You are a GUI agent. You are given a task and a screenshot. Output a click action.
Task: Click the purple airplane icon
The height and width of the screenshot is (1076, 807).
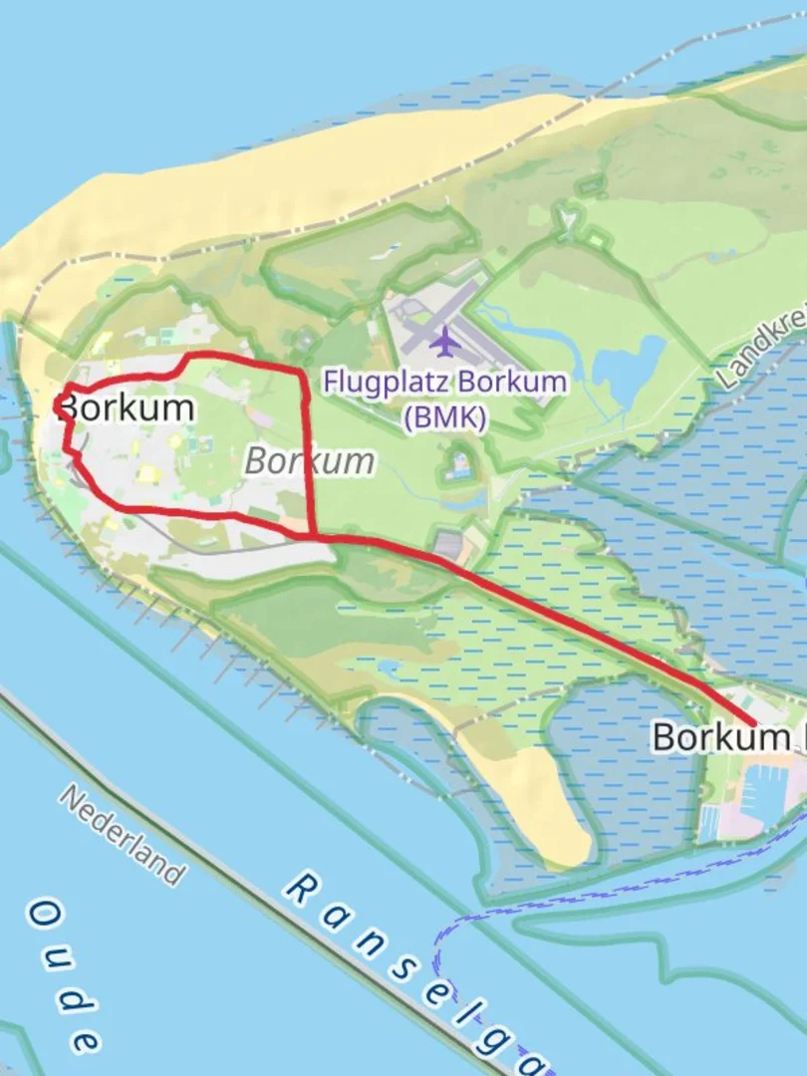(x=443, y=342)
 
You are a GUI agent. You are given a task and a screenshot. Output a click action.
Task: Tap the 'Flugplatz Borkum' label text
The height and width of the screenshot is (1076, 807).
(x=444, y=382)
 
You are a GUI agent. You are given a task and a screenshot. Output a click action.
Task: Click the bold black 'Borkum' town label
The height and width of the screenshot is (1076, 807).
(x=127, y=407)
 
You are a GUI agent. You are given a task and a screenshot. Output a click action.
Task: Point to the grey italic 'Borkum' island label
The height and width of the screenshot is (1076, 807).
(x=310, y=461)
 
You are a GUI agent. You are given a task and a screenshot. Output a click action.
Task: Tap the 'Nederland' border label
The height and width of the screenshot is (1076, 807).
(x=123, y=835)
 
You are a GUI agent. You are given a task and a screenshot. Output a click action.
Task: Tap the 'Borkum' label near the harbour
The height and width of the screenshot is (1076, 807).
(x=719, y=738)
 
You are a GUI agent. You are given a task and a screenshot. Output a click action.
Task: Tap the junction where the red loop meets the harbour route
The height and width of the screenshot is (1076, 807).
(x=315, y=536)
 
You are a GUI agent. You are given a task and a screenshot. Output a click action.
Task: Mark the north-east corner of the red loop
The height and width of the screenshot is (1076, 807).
(x=303, y=373)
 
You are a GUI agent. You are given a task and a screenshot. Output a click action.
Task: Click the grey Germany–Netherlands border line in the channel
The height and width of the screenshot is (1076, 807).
(x=249, y=877)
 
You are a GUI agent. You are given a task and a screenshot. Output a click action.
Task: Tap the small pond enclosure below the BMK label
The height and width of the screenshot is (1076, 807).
(x=459, y=464)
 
